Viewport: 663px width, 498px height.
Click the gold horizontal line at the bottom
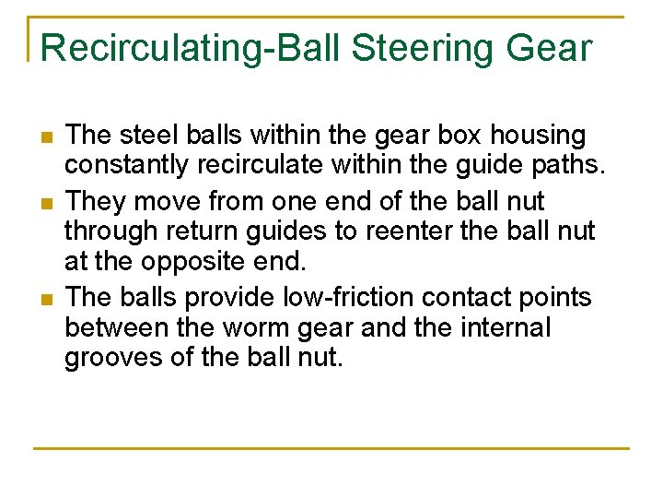point(331,449)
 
